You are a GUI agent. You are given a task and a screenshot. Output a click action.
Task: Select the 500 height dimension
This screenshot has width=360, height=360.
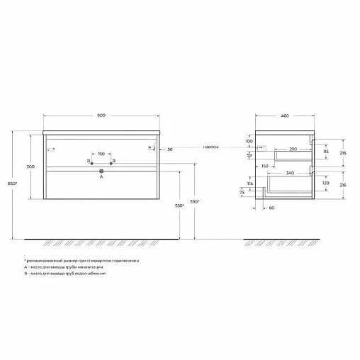pyautogui.click(x=30, y=167)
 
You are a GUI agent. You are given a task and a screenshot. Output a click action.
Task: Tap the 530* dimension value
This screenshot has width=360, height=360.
pyautogui.click(x=180, y=206)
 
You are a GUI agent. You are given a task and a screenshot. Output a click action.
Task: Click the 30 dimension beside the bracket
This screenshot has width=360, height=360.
pyautogui.click(x=170, y=150)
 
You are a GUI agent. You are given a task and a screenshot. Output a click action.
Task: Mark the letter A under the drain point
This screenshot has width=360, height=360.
pyautogui.click(x=101, y=178)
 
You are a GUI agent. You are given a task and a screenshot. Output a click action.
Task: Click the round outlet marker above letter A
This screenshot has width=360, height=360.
pyautogui.click(x=101, y=171)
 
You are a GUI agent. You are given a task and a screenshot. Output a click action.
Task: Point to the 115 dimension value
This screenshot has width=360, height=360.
pyautogui.click(x=326, y=152)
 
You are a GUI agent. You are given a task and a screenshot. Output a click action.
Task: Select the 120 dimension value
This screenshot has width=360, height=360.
pyautogui.click(x=326, y=182)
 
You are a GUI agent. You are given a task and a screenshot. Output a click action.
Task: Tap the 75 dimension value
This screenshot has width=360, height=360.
pyautogui.click(x=243, y=192)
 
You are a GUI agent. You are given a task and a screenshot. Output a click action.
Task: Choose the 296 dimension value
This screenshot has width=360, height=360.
pyautogui.click(x=344, y=186)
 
